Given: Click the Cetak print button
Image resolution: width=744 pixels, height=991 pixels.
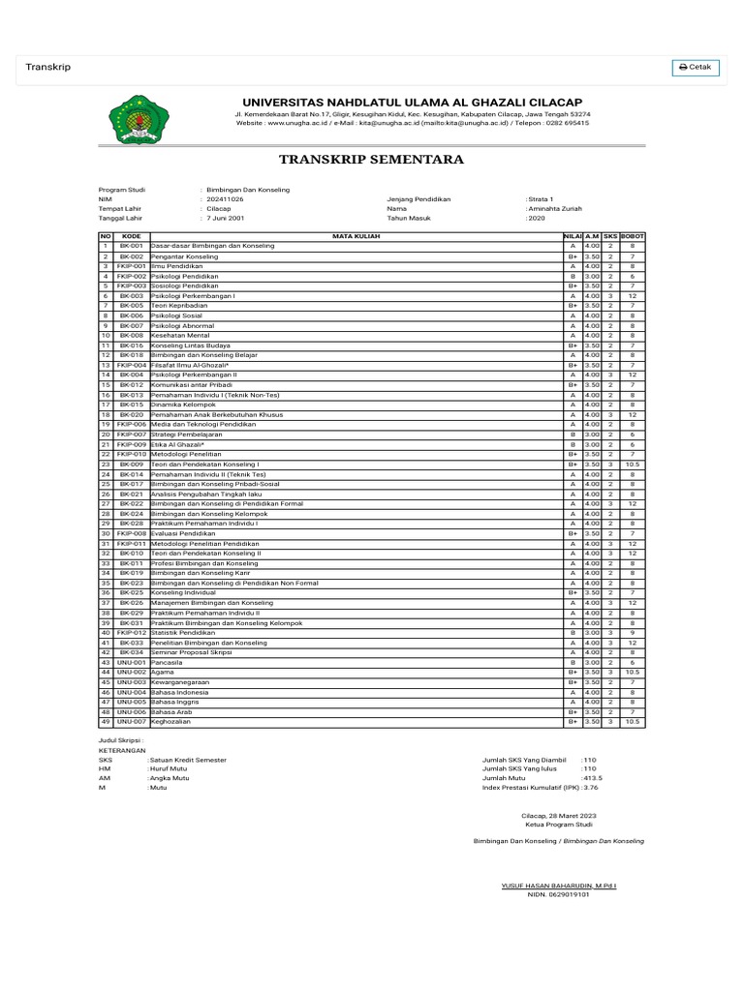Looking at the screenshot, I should [x=697, y=67].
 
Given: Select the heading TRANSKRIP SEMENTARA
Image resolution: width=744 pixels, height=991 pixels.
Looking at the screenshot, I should [x=372, y=159].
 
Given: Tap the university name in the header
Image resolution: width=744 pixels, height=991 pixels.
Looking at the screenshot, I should [x=412, y=103].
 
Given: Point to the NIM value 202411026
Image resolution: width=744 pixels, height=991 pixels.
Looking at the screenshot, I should [x=225, y=198].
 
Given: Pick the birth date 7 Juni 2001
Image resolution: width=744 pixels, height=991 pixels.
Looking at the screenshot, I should [x=226, y=219].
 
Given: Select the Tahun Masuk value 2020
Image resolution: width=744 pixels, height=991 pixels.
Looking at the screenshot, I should [x=537, y=219].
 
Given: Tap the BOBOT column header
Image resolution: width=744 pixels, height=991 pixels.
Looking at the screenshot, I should [x=632, y=236].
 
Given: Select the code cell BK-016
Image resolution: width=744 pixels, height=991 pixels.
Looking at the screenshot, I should [x=132, y=345].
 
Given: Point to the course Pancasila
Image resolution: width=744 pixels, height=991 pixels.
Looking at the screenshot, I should [x=168, y=662].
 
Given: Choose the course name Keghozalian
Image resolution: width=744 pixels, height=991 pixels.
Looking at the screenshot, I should [x=171, y=721].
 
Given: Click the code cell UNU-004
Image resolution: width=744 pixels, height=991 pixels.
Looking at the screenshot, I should [x=132, y=692].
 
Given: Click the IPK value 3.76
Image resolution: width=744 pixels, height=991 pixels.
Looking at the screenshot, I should [x=591, y=788].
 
